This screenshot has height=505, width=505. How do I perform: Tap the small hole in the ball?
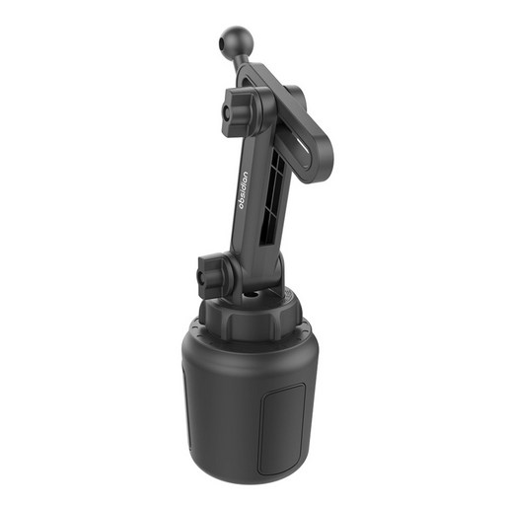tap(222, 42)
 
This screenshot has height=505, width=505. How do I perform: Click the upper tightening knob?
tap(238, 110)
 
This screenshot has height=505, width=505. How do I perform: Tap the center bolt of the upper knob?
tap(226, 112)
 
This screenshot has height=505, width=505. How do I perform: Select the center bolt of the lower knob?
tap(201, 276)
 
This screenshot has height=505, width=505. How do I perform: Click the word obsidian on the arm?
tap(244, 190)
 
